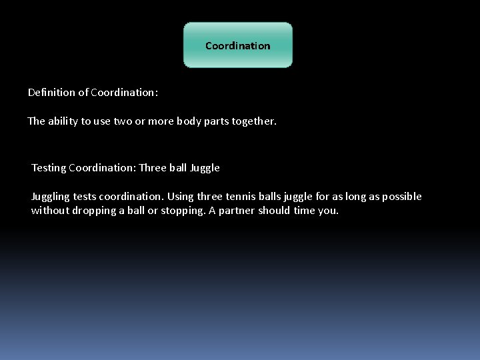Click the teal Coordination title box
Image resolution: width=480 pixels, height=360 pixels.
pos(237,45)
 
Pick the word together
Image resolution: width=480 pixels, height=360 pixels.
pos(253,121)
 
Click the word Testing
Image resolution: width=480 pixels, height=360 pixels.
pos(49,168)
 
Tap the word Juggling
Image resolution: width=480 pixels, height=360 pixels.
pos(50,197)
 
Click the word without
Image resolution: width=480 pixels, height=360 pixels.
pos(49,211)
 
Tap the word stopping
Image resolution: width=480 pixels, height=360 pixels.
pos(183,211)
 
